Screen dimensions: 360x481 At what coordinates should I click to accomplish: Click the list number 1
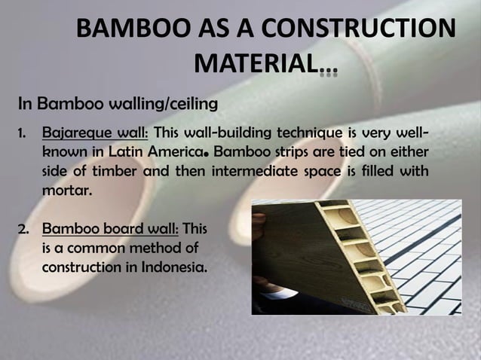(22, 133)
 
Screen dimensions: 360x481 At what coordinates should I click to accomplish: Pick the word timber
(117, 171)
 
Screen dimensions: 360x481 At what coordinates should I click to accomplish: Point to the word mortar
(67, 190)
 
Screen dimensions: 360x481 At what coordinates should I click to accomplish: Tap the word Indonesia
(170, 267)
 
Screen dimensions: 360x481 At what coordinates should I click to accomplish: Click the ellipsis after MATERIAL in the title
(328, 73)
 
